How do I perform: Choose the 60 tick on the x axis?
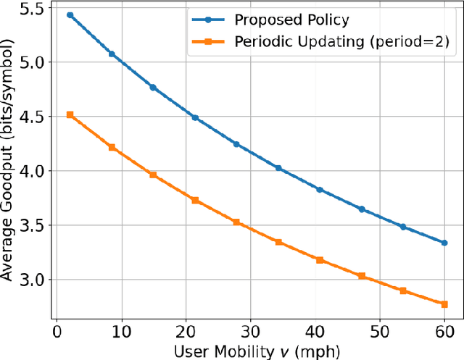[x=444, y=332]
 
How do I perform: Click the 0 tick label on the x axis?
[x=57, y=332]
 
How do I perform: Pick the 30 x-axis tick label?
[x=250, y=332]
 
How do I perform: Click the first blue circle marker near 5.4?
[x=70, y=14]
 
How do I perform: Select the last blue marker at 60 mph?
[x=444, y=243]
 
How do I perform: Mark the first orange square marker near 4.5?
[x=70, y=114]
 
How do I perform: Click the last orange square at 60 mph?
[x=444, y=304]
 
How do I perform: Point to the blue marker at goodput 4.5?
[x=195, y=117]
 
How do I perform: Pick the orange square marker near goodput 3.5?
[x=236, y=222]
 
